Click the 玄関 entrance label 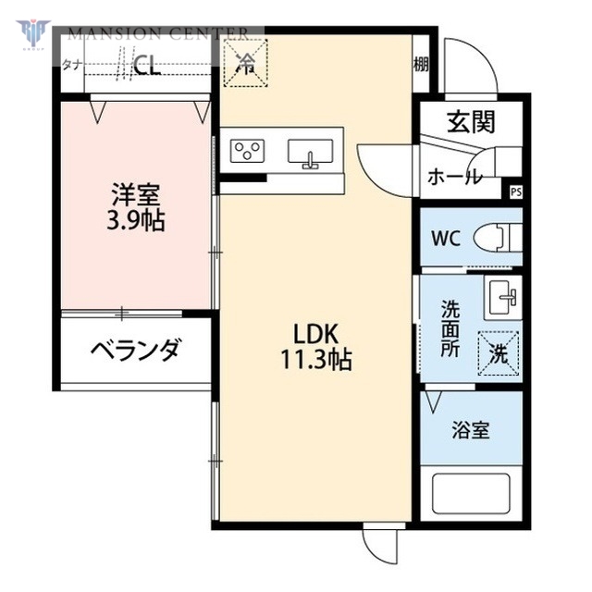tap(472, 121)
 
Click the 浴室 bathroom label tap(470, 430)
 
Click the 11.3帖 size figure tap(316, 361)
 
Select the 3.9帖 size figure tap(135, 222)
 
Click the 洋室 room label tap(135, 196)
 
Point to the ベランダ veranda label tap(134, 350)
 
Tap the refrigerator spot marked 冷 tap(245, 63)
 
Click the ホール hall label tap(453, 178)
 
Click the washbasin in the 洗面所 tap(503, 296)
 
